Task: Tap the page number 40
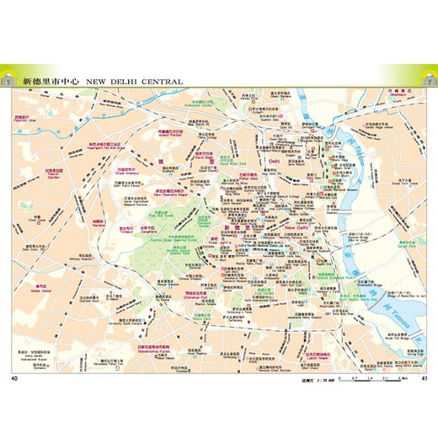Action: tap(14, 353)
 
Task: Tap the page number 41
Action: tap(425, 353)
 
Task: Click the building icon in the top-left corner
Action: tap(9, 79)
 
